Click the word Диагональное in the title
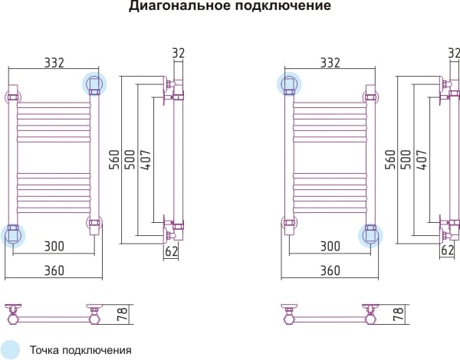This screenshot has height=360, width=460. tap(180, 5)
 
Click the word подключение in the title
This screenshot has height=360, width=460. tap(283, 5)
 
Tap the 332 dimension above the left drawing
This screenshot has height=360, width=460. tap(54, 63)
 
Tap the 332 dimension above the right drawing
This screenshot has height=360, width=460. tap(330, 63)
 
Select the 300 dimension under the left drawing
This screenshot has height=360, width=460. tap(54, 246)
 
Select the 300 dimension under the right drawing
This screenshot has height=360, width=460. tap(330, 246)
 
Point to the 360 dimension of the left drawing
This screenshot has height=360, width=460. tap(54, 270)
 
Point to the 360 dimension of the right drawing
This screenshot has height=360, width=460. tap(330, 270)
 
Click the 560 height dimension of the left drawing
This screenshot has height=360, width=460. tap(114, 159)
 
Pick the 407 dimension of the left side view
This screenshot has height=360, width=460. tap(146, 159)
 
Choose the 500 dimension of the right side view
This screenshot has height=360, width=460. tap(406, 159)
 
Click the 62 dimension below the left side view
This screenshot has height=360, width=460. tap(171, 251)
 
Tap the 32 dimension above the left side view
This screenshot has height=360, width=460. tap(178, 53)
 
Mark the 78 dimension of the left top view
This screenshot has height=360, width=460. tap(123, 314)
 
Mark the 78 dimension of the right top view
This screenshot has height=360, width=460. tap(399, 314)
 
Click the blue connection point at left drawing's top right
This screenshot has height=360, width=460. tap(94, 83)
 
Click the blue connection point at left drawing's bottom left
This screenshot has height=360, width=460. tap(13, 235)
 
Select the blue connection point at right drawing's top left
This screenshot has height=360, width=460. tap(289, 83)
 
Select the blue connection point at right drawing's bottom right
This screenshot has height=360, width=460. tap(370, 235)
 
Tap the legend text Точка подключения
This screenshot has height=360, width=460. tap(80, 350)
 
